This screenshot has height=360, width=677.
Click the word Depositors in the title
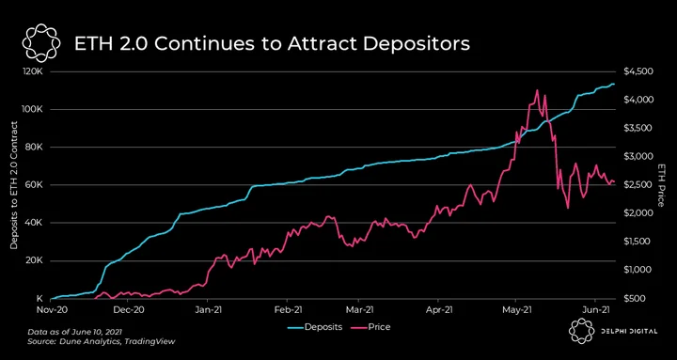click(x=417, y=44)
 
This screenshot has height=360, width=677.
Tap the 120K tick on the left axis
click(x=34, y=71)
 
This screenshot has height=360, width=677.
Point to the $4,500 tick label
click(x=636, y=71)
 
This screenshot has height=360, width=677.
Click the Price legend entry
click(x=375, y=327)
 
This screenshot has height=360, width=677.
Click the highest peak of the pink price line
click(x=537, y=90)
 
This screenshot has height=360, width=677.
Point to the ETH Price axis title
click(x=660, y=185)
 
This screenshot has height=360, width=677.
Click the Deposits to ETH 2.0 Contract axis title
click(x=13, y=185)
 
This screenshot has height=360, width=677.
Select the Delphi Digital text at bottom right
click(x=628, y=332)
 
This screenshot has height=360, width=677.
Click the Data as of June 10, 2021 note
click(x=74, y=333)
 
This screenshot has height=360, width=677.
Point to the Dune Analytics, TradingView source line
click(x=102, y=341)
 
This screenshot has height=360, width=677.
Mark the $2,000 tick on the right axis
click(x=636, y=213)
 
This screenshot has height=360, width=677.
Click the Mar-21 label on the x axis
click(x=358, y=309)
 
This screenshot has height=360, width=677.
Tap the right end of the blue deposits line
click(x=614, y=85)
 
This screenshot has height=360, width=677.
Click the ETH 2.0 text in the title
click(x=104, y=44)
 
